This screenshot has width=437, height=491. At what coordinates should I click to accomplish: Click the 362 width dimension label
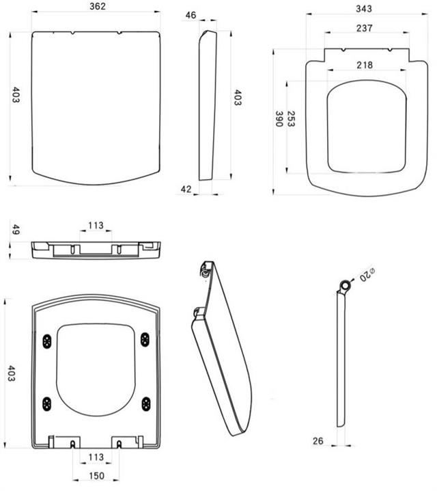coord(98,6)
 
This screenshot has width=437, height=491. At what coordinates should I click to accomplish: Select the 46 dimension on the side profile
coord(191,15)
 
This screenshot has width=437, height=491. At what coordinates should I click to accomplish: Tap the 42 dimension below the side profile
coord(186,189)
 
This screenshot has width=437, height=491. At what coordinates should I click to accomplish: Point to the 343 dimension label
coord(364,9)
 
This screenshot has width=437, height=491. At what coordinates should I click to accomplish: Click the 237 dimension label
coord(365,28)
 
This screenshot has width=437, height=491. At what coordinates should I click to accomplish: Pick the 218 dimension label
coord(365,65)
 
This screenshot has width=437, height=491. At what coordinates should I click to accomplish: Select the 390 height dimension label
coord(279,119)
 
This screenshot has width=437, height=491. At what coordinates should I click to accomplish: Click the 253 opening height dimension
coord(291,119)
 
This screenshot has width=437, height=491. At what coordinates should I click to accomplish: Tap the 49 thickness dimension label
coord(16,230)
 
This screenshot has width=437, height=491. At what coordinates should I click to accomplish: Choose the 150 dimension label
coord(96,476)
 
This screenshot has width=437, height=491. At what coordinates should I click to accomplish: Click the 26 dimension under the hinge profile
coord(318,441)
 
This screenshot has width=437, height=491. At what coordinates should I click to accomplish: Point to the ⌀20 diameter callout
coord(367,275)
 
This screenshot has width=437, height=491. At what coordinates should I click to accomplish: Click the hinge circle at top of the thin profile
coord(346,286)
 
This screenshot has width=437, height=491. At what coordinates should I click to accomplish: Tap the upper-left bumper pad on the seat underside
coord(47,341)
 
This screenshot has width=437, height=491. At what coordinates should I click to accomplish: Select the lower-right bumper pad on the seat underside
coord(146,404)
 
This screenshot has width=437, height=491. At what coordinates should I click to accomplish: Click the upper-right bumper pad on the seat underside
coord(145,339)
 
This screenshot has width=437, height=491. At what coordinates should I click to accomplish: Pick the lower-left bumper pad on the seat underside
coord(46,404)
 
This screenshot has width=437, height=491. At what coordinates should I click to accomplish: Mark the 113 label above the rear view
coord(96,226)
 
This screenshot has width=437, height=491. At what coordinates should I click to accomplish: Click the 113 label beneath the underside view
coord(96,457)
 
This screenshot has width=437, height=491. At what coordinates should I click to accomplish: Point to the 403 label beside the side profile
coord(238,97)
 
